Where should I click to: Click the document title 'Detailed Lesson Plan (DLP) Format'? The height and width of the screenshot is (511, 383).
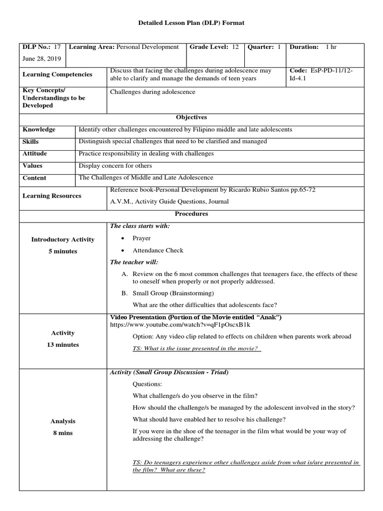[x=191, y=23]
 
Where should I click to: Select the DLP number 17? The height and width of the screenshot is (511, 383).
[x=57, y=47]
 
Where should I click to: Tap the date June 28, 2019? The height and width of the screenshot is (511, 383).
[x=42, y=58]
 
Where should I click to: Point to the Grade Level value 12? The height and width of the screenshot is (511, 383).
[x=235, y=47]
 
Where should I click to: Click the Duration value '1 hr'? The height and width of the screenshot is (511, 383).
[x=331, y=47]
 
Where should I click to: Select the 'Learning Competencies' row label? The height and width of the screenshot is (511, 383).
[x=57, y=74]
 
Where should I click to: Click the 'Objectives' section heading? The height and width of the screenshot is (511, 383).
[x=191, y=117]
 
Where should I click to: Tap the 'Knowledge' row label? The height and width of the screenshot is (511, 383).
[x=39, y=129]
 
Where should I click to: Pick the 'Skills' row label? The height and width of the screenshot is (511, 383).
[x=31, y=142]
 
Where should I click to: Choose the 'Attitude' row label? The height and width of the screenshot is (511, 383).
[x=35, y=154]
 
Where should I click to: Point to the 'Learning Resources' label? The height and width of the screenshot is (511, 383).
[x=52, y=196]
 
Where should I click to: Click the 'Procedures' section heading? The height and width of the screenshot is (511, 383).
[x=191, y=214]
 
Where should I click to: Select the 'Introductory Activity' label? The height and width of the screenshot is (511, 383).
[x=63, y=240]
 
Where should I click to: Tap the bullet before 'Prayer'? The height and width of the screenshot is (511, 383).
[x=123, y=239]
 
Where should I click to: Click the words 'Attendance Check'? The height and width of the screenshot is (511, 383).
[x=158, y=251]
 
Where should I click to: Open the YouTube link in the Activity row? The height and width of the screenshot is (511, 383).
[x=172, y=325]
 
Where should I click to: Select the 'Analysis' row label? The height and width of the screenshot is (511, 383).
[x=63, y=421]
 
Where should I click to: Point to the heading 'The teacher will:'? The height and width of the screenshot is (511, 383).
[x=134, y=262]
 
